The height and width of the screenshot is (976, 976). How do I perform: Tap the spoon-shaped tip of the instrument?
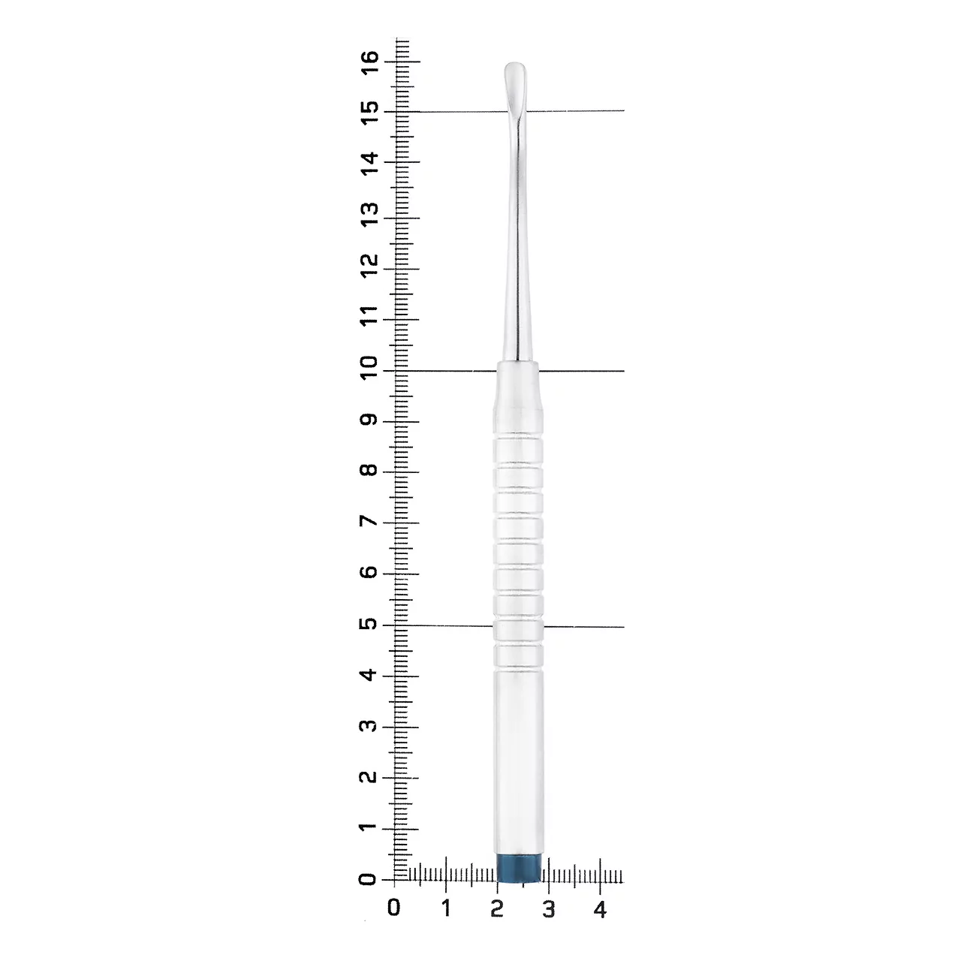tap(516, 86)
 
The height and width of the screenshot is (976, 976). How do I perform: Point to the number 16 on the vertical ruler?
tap(369, 62)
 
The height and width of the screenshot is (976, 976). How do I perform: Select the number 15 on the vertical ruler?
tap(369, 113)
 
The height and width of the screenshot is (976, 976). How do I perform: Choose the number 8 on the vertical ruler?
tap(369, 469)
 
